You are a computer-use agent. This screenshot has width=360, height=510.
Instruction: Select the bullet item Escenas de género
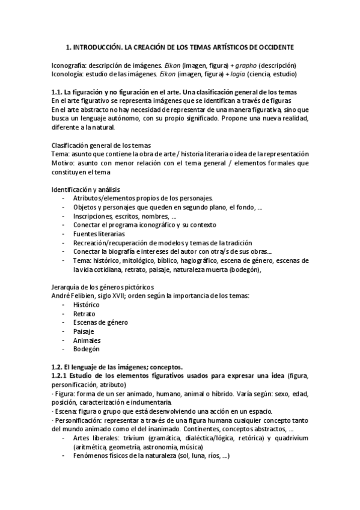(100, 322)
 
